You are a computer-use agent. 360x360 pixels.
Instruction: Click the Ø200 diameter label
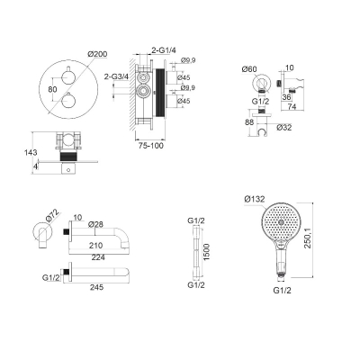(x=97, y=54)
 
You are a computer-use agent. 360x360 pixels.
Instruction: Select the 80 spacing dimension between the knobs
(x=52, y=89)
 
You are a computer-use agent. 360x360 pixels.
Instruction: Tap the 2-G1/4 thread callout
(x=163, y=50)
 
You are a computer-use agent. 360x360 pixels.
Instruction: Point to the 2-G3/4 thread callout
(x=116, y=76)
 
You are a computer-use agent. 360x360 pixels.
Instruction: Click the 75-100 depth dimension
(x=150, y=146)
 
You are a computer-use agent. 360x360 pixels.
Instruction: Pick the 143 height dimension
(x=31, y=152)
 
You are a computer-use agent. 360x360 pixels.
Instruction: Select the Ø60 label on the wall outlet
(x=249, y=69)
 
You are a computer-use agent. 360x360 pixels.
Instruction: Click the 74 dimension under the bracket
(x=292, y=106)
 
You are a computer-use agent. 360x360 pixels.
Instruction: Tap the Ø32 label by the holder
(x=283, y=128)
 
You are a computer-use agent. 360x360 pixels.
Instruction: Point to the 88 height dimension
(x=249, y=122)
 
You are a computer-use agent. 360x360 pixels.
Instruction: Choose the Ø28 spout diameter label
(x=95, y=224)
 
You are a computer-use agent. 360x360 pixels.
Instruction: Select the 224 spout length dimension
(x=98, y=257)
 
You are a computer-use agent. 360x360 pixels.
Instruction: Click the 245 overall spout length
(x=96, y=287)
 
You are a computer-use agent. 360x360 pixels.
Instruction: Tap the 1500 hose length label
(x=207, y=252)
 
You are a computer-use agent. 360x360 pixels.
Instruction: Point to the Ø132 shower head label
(x=255, y=199)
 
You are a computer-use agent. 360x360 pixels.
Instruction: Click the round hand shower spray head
(x=280, y=222)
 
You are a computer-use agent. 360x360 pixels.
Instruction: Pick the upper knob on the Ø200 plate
(x=67, y=76)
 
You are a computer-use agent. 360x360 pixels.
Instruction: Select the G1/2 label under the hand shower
(x=283, y=290)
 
